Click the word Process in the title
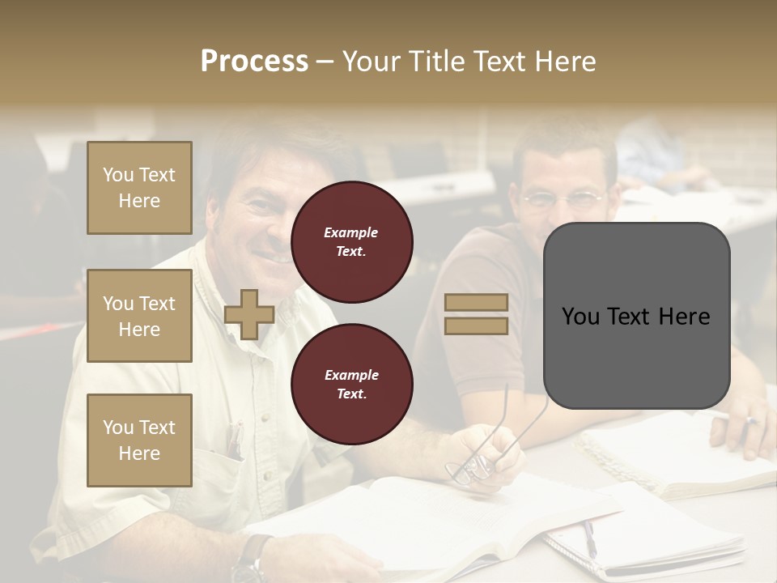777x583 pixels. click(254, 62)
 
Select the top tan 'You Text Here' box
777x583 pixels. click(139, 188)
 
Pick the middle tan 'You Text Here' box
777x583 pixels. click(139, 316)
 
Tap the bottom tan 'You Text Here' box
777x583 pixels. click(139, 440)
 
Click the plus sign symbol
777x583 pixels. click(249, 314)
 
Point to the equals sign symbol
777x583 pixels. click(476, 314)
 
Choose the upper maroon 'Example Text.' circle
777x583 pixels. click(352, 242)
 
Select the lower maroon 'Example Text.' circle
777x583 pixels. click(352, 385)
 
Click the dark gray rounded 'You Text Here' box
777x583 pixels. click(636, 316)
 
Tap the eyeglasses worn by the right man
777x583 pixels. click(563, 199)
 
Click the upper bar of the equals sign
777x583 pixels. click(476, 303)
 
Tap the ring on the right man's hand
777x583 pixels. click(751, 421)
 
